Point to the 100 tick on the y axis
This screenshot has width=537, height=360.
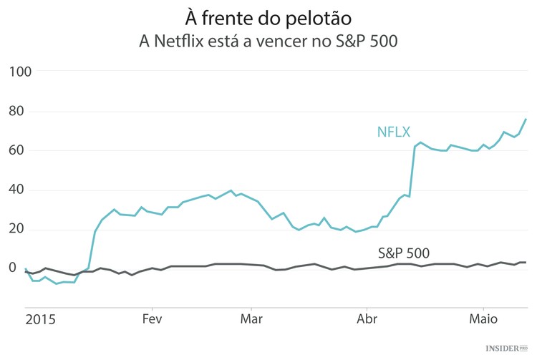pyautogui.click(x=22, y=72)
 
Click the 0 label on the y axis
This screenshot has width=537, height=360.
pyautogui.click(x=13, y=268)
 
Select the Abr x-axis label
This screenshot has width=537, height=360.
pyautogui.click(x=367, y=318)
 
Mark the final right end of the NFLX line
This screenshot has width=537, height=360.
pyautogui.click(x=526, y=119)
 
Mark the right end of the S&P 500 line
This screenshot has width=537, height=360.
pyautogui.click(x=526, y=263)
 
